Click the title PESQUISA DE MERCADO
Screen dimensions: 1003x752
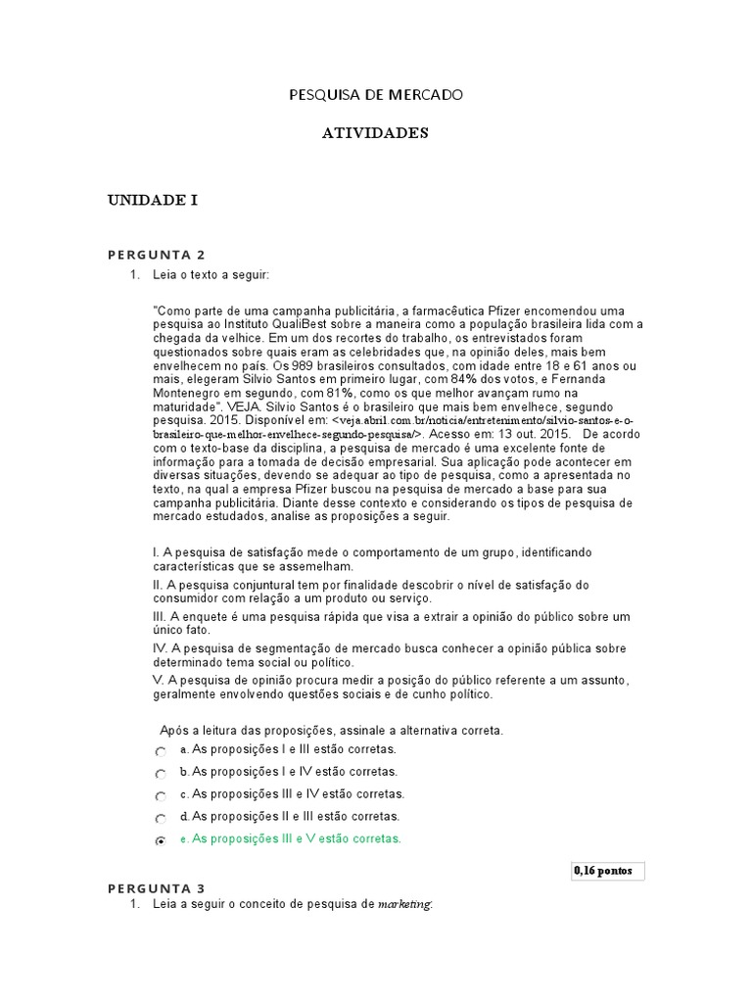(375, 95)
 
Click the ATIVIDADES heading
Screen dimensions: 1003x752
(375, 133)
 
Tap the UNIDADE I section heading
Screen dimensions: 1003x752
(153, 200)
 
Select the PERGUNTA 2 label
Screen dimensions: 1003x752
(156, 255)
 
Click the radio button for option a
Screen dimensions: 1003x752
(161, 751)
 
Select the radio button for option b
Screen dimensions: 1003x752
(161, 774)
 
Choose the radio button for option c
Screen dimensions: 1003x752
(161, 796)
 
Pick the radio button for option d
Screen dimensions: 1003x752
(161, 818)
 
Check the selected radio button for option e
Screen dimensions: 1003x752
(161, 840)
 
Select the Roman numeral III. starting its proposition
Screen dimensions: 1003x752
(162, 616)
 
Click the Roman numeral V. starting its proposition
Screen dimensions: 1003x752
(160, 680)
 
